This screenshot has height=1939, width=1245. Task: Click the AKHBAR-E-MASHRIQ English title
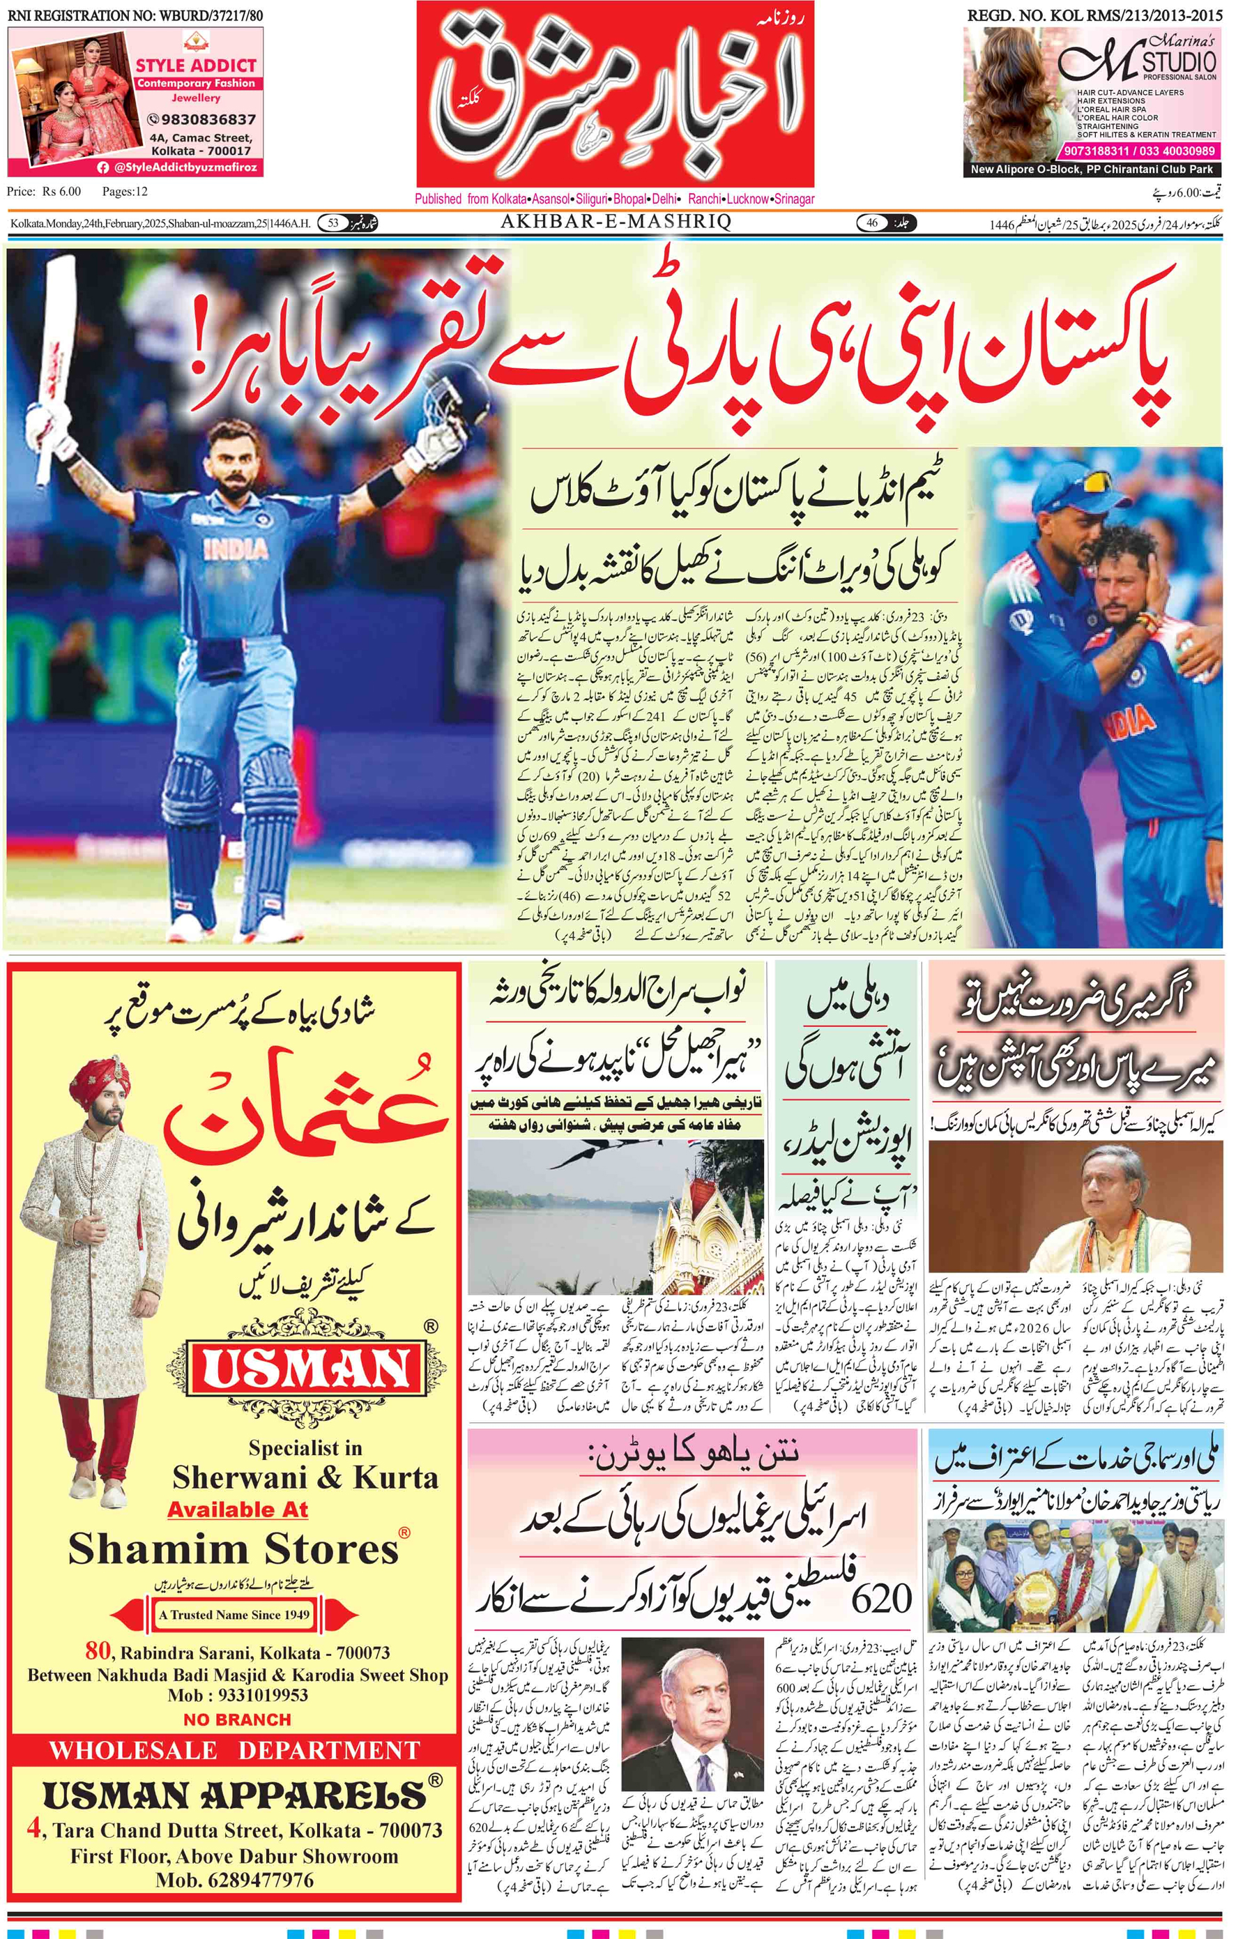[616, 222]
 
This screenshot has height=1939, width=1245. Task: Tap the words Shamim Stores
[234, 1551]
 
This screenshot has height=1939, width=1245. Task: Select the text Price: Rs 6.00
[45, 192]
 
